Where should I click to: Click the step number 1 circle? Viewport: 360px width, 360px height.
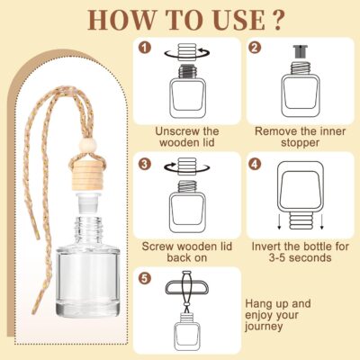point(145,48)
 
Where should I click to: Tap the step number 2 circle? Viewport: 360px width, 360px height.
point(255,48)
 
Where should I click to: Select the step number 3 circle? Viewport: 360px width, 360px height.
point(145,164)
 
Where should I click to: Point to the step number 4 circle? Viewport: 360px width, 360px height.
point(255,164)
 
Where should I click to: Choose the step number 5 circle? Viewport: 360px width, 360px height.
point(145,278)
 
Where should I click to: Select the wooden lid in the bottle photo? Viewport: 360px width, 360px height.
point(87,176)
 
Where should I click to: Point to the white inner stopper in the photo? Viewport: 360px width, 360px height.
point(88,202)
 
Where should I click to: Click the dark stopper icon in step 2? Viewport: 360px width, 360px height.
point(300,51)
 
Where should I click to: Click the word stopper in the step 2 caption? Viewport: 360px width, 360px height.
point(300,143)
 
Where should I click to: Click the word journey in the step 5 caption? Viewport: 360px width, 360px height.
point(264,327)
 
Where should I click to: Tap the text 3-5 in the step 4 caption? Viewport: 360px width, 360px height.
point(277,257)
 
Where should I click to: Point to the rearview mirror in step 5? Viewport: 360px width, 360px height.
point(186,288)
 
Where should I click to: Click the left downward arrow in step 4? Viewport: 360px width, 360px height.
point(279,222)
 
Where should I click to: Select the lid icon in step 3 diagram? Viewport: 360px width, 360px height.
point(186,166)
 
